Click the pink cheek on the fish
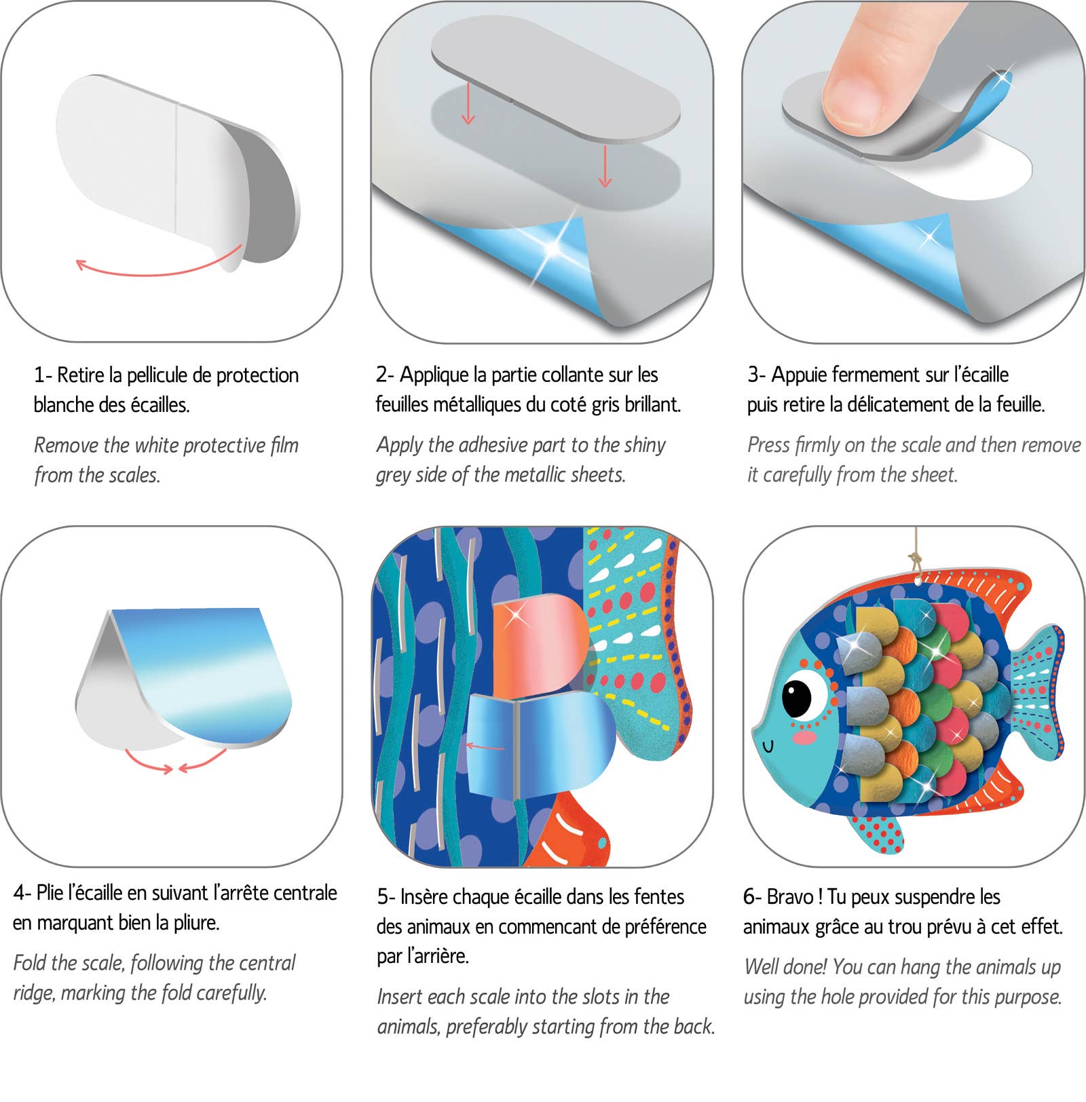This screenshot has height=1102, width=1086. pyautogui.click(x=805, y=737)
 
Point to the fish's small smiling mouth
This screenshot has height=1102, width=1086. pyautogui.click(x=768, y=746)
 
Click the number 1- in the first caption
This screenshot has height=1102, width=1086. pyautogui.click(x=43, y=375)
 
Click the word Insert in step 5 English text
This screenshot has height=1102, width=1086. pyautogui.click(x=400, y=997)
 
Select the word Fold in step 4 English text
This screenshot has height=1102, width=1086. pyautogui.click(x=30, y=963)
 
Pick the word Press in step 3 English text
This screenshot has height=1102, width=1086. pyautogui.click(x=768, y=445)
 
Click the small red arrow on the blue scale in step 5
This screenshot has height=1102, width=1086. pyautogui.click(x=485, y=747)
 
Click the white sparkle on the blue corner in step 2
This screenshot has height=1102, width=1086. pyautogui.click(x=553, y=248)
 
